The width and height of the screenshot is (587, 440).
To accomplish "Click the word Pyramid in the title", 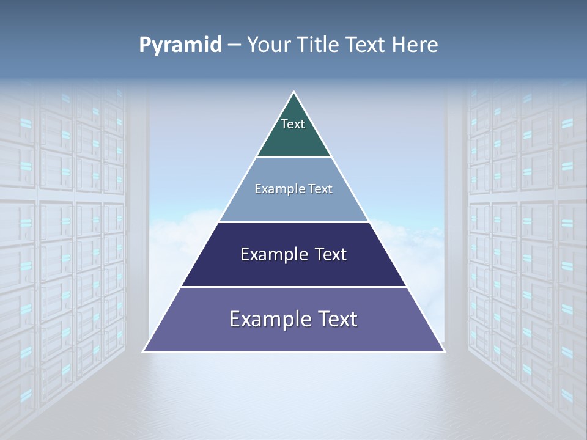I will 180,45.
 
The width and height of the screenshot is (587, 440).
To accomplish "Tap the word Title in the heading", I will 322,45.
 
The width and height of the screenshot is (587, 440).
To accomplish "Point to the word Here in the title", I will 415,45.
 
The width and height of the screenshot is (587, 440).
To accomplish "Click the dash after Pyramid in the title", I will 234,45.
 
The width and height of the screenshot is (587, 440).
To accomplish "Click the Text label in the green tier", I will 293,124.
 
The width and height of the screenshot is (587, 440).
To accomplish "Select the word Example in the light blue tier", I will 278,189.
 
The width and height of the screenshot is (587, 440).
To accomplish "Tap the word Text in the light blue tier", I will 320,189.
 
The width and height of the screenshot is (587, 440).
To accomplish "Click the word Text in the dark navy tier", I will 330,254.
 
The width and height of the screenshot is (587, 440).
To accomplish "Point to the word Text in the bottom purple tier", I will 338,319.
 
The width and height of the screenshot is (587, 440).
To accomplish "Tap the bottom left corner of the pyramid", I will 144,351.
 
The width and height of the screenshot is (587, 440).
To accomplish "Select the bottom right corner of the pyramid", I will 444,351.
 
